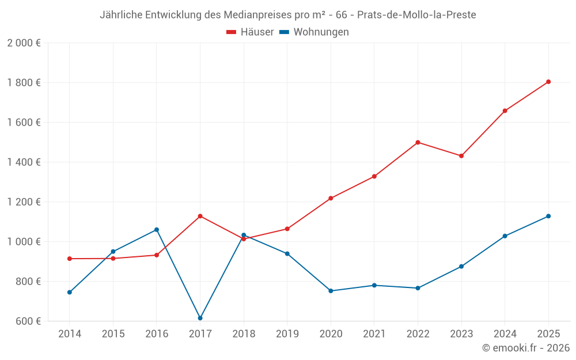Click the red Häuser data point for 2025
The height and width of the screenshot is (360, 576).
pos(548,82)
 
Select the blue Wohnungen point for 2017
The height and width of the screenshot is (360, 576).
pos(200,318)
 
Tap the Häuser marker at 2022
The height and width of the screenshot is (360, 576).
pos(418,142)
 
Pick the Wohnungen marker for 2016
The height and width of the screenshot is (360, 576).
pos(157,230)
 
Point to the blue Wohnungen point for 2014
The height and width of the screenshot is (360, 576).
pos(70,292)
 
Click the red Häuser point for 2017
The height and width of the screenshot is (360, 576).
pos(200,216)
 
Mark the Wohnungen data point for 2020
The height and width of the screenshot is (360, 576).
pos(331,291)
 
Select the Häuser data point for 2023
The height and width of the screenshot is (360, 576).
pos(461,156)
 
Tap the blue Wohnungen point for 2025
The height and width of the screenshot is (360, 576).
pos(548,216)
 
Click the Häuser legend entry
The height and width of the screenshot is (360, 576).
pos(250,32)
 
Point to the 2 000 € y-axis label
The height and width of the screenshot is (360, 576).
pos(24,43)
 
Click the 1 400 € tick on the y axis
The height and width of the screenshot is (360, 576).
pos(24,162)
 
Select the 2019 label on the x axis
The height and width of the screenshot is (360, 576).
pos(287,334)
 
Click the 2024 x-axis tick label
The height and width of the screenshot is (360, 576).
pos(505,334)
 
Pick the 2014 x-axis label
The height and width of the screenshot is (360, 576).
pos(70,334)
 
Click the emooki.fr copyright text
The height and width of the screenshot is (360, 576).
pos(526,348)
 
